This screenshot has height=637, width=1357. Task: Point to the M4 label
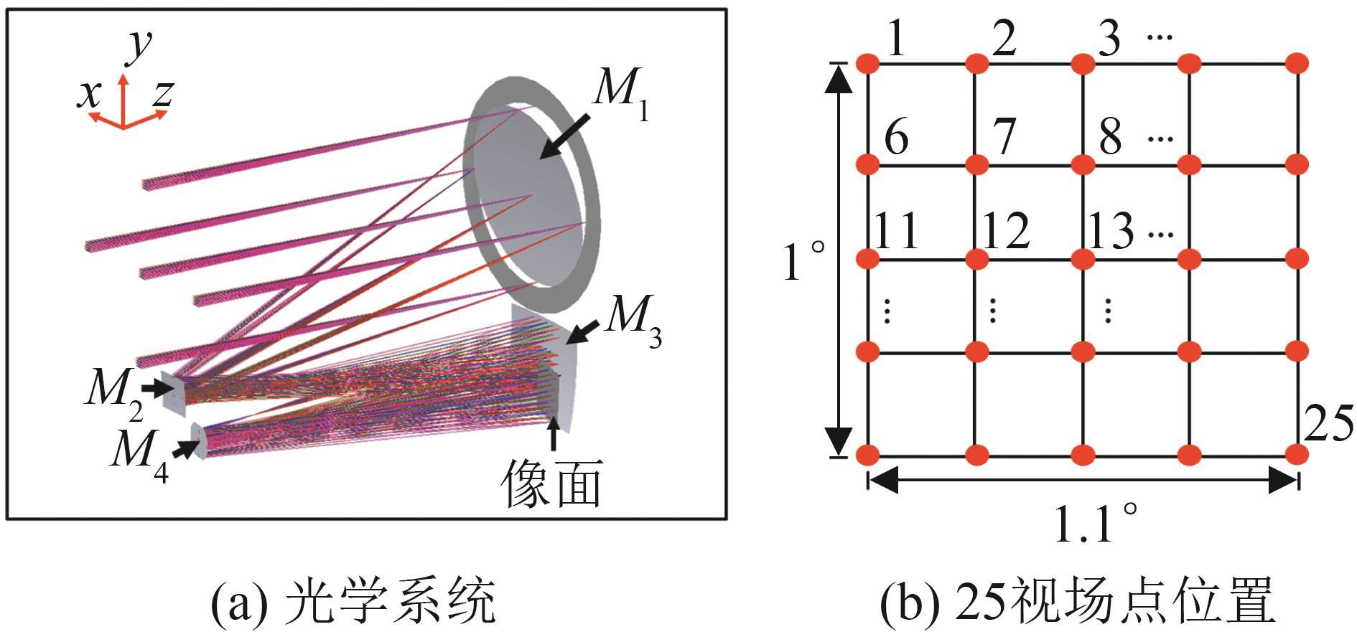point(139,453)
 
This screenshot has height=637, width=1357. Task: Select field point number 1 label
point(895,40)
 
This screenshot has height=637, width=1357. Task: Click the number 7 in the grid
point(1003,136)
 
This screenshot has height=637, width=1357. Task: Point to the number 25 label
point(1328,424)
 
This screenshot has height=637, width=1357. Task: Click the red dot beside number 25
point(1297,454)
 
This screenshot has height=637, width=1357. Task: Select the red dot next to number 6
point(867,164)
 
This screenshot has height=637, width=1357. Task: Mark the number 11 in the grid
point(897,231)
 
